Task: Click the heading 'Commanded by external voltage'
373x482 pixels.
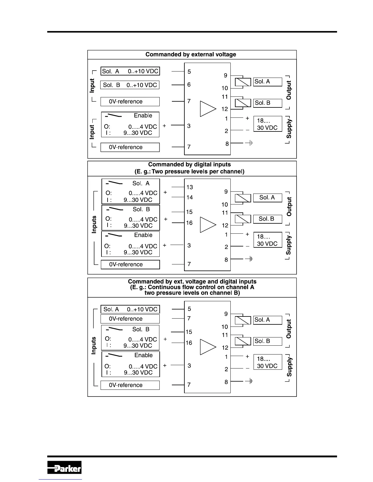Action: tap(191, 54)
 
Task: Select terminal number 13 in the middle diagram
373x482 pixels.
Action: tap(190, 187)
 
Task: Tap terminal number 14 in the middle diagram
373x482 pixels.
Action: tap(190, 197)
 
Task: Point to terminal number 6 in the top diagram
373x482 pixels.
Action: tap(189, 85)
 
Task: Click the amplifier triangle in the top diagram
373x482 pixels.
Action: tap(208, 109)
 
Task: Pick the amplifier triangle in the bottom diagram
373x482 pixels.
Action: tap(208, 347)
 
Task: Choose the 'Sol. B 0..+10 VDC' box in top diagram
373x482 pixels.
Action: tap(130, 85)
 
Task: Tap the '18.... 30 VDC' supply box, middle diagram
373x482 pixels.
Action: tap(267, 240)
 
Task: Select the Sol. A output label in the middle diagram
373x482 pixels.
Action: tap(267, 197)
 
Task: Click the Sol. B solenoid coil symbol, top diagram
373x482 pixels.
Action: tap(243, 103)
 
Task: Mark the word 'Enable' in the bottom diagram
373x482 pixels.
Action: tap(144, 355)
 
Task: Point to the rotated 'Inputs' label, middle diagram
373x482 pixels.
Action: tap(94, 225)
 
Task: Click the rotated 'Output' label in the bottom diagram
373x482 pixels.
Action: tap(289, 329)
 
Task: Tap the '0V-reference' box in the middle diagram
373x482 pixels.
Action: tap(130, 264)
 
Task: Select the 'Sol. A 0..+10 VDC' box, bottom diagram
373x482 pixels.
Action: tap(130, 309)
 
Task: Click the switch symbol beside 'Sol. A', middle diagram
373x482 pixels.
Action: tap(114, 183)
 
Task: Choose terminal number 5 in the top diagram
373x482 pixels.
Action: tap(189, 72)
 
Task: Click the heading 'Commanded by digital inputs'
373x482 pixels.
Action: tap(190, 165)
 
